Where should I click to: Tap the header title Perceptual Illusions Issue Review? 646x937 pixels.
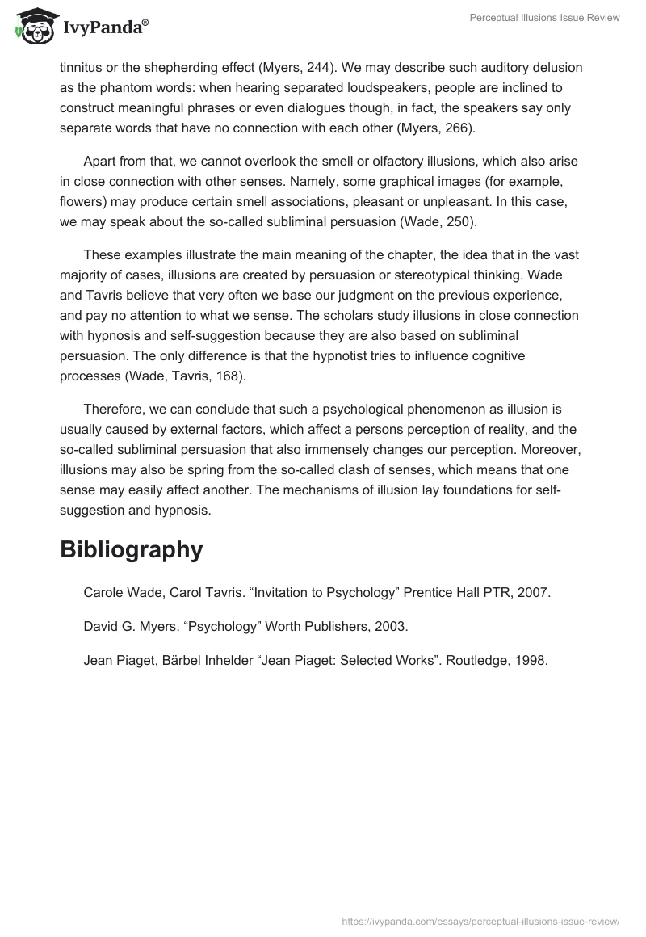[545, 19]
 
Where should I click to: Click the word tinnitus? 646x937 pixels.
[82, 67]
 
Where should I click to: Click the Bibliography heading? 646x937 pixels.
[131, 549]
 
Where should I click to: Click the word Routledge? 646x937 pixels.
[480, 660]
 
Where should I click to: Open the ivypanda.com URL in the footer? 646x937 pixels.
[480, 920]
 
